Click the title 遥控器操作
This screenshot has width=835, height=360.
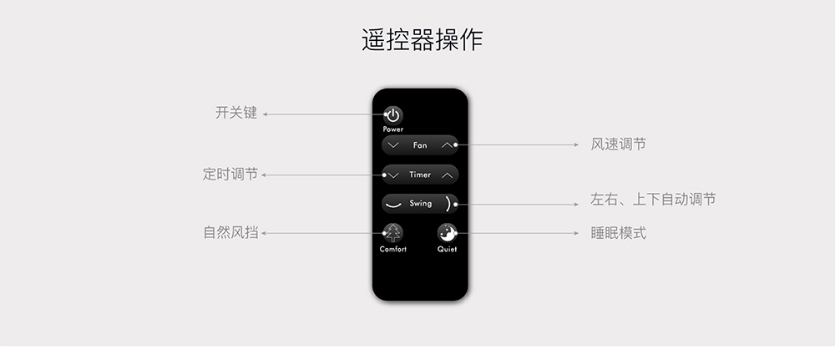[422, 40]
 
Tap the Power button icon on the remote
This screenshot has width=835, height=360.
[393, 115]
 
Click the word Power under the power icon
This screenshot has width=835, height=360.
[393, 129]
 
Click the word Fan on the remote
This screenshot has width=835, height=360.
[420, 145]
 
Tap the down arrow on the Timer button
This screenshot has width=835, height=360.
[394, 175]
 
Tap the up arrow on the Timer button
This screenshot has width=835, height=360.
[448, 175]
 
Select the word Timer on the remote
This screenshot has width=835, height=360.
[420, 175]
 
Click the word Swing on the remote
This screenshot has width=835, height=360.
[421, 204]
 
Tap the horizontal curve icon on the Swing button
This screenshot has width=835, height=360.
[393, 205]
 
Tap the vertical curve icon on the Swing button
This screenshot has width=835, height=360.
[449, 204]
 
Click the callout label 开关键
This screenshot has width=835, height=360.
[236, 113]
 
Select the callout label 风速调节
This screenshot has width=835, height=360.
[618, 145]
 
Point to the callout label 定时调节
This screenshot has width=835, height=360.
[230, 174]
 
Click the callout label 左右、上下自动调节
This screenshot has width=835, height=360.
[653, 199]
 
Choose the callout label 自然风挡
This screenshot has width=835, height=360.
[231, 233]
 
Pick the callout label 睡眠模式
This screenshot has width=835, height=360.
[618, 233]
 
